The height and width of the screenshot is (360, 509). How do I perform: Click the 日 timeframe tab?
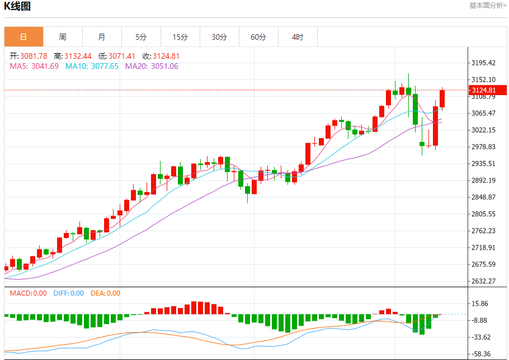click(23, 38)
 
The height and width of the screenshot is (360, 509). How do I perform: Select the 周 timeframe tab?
click(63, 38)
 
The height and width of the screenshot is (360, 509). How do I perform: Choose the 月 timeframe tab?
click(102, 38)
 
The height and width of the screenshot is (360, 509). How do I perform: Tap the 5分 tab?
click(141, 38)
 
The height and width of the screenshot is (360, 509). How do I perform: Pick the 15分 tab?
click(180, 38)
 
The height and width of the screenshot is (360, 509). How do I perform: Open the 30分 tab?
click(219, 38)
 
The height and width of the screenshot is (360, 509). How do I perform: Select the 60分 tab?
click(258, 38)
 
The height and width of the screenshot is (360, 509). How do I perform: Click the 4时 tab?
click(298, 38)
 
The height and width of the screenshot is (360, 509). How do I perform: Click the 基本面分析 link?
click(488, 6)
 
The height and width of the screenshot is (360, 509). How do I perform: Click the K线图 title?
click(17, 7)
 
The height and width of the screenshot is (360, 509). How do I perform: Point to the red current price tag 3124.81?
click(484, 90)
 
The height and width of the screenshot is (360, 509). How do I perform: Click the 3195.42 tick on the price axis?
click(484, 63)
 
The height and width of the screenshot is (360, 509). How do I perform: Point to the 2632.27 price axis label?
click(484, 281)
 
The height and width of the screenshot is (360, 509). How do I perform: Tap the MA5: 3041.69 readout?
click(34, 66)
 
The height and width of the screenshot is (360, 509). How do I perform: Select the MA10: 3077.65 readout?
click(92, 66)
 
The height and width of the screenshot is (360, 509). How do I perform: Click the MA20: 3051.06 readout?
click(152, 66)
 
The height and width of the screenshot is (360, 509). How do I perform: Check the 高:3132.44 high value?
click(73, 56)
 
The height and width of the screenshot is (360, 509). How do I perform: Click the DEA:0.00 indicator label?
click(105, 293)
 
